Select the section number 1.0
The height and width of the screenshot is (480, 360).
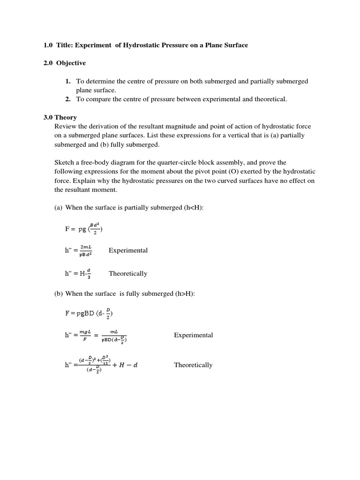tap(48, 45)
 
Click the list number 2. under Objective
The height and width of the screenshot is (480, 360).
tap(68, 99)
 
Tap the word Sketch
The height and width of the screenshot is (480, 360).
tap(65, 162)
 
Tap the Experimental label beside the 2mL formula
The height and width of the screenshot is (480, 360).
tap(128, 250)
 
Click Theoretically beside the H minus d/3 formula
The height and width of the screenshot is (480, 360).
tap(128, 273)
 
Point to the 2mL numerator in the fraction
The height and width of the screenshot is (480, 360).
tap(86, 247)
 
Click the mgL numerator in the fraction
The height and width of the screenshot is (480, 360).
tap(85, 331)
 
